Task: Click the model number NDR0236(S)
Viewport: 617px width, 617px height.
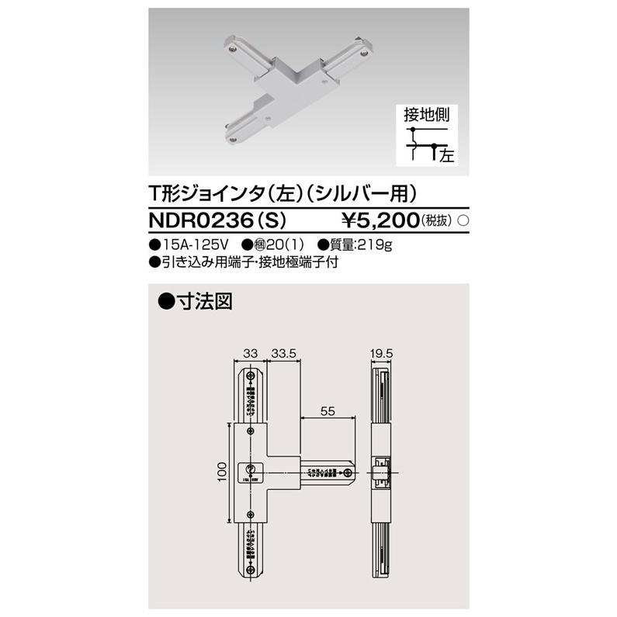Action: point(214,220)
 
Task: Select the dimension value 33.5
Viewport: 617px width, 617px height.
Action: point(284,353)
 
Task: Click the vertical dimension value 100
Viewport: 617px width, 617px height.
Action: point(222,471)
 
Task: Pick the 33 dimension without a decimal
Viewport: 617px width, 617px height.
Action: point(250,353)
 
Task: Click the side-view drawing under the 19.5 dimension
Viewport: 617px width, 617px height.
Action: point(382,473)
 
